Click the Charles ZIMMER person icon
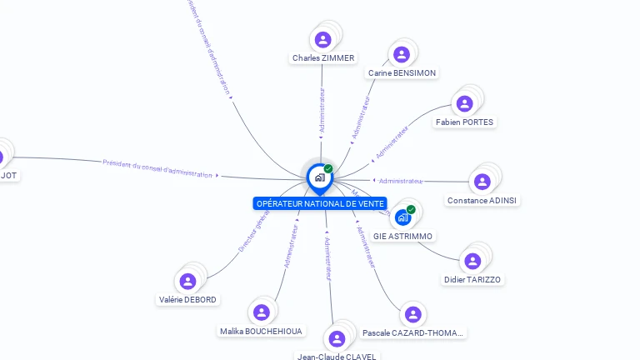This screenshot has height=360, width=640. pos(323,39)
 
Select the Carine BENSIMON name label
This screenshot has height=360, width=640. pos(402,73)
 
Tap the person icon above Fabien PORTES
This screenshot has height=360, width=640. pos(464,103)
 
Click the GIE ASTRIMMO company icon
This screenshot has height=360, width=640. pos(403,217)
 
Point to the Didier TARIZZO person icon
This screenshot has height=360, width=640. pos(472,261)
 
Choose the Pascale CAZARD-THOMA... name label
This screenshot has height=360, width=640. pos(412,333)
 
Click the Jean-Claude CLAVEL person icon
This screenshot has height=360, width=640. pos(337,338)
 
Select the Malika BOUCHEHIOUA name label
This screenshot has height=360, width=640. pos(262,332)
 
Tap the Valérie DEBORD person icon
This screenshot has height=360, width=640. pos(187,281)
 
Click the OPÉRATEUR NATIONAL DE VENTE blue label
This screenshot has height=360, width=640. pos(320,203)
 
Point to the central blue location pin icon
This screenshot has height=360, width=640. pos(318,177)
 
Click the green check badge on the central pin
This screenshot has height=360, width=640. pos(328,169)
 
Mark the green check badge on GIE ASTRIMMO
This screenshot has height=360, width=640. pos(411,209)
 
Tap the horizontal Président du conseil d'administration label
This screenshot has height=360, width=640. pos(157,168)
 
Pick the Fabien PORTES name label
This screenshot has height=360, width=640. pos(464,122)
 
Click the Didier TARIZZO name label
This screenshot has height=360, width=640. pos(472,280)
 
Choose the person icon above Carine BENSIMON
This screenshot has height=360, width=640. pos(402,54)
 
